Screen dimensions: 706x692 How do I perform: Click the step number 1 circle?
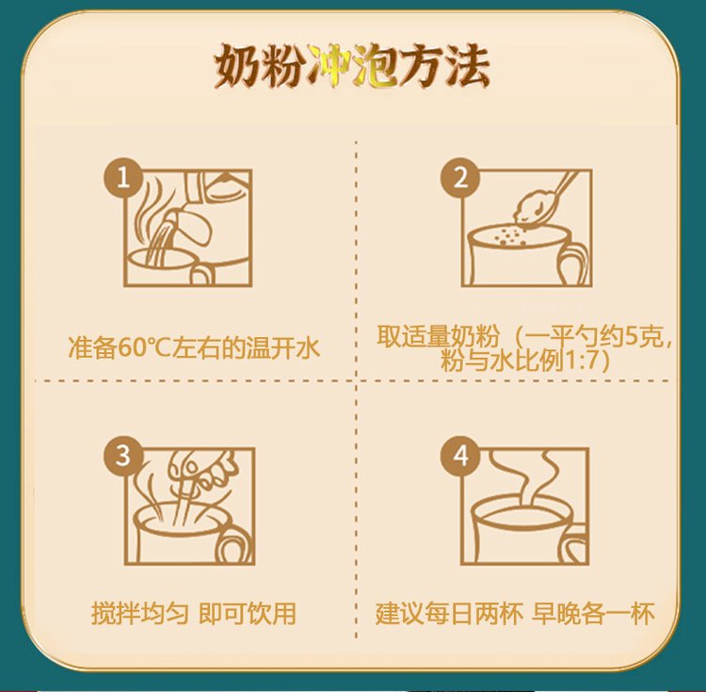[x=123, y=177]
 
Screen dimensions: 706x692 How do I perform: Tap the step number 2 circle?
[x=460, y=177]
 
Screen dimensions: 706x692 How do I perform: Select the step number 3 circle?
[x=123, y=455]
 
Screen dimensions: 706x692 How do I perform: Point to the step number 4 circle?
[x=460, y=455]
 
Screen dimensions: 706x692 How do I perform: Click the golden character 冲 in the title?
[x=329, y=66]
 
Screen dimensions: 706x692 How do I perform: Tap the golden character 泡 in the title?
[x=375, y=66]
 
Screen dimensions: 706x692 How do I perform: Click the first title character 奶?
[x=236, y=66]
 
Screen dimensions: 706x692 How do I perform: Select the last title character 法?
[x=467, y=66]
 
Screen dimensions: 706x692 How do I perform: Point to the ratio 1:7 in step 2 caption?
[x=582, y=361]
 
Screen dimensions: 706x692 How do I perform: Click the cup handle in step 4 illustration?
[x=575, y=545]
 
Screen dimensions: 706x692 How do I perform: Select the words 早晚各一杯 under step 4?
[x=593, y=613]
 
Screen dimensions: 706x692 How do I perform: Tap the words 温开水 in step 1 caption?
[x=282, y=347]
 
